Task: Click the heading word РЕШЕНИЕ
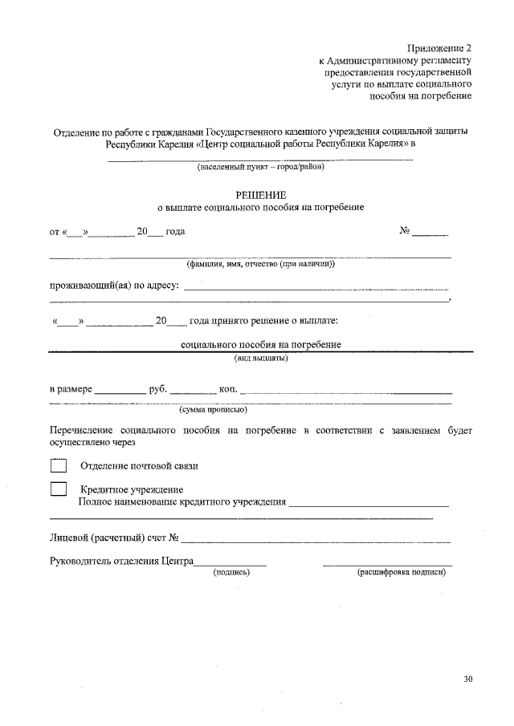click(260, 195)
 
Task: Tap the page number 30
click(468, 679)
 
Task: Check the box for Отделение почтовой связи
click(58, 465)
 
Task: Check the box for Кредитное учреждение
click(58, 489)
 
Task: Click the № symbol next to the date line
click(406, 232)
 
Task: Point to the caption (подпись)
click(231, 573)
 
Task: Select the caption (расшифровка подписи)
click(401, 573)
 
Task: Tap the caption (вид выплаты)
click(260, 358)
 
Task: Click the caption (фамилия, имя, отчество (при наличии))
click(260, 263)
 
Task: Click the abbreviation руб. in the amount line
click(158, 389)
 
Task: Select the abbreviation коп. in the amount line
click(228, 389)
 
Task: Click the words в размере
click(71, 389)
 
